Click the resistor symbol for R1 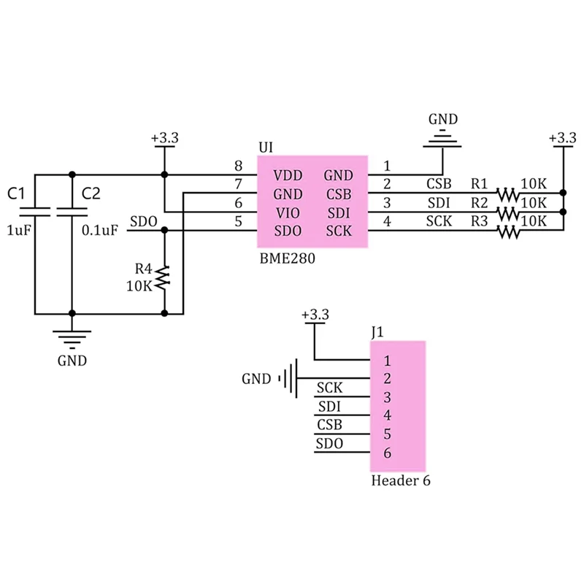pyautogui.click(x=507, y=195)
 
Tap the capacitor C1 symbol pyautogui.click(x=34, y=212)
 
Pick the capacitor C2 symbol pyautogui.click(x=72, y=212)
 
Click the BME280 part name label pyautogui.click(x=287, y=259)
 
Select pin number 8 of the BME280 pyautogui.click(x=237, y=166)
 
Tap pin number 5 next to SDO pyautogui.click(x=237, y=222)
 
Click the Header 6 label pyautogui.click(x=401, y=480)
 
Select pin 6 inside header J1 pyautogui.click(x=387, y=453)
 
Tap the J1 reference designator pyautogui.click(x=377, y=332)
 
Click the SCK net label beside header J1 pyautogui.click(x=330, y=388)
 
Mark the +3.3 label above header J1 pyautogui.click(x=315, y=315)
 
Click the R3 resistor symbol pyautogui.click(x=507, y=232)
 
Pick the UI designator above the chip pyautogui.click(x=266, y=147)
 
